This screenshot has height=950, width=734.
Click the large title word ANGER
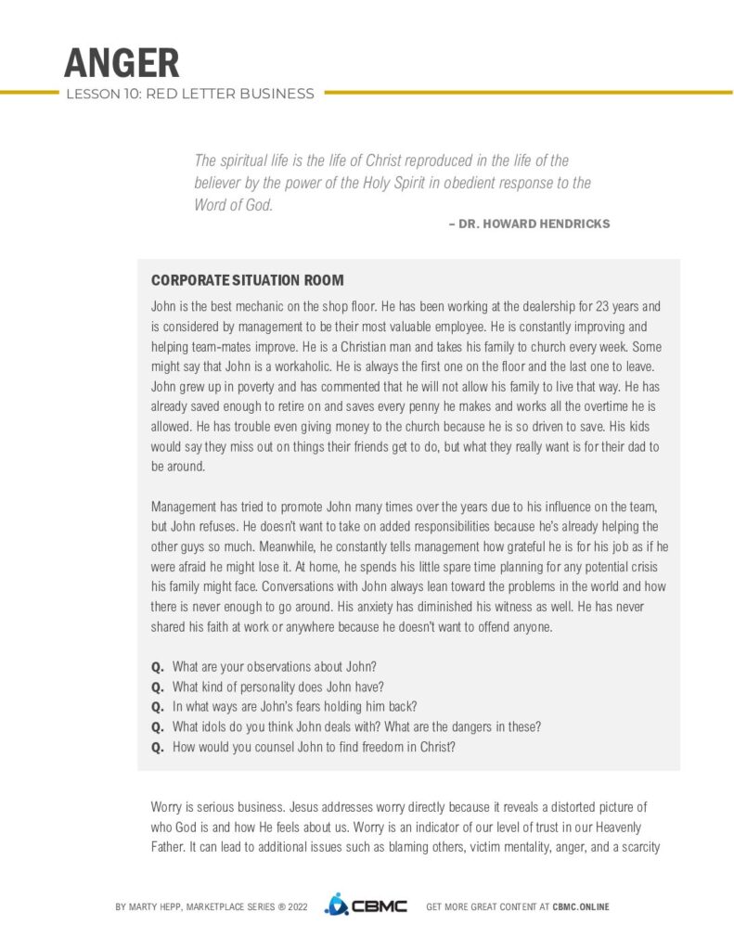[122, 62]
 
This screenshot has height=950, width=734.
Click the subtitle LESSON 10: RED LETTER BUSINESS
[189, 93]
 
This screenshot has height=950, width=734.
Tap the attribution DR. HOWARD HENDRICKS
[534, 225]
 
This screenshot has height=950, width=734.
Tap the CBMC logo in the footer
[366, 905]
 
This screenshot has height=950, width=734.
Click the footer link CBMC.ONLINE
[581, 906]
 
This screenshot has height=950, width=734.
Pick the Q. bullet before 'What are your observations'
[157, 667]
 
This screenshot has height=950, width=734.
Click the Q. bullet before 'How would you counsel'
[157, 747]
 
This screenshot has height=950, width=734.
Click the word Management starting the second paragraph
[183, 505]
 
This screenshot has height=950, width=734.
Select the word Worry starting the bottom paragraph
[166, 807]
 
